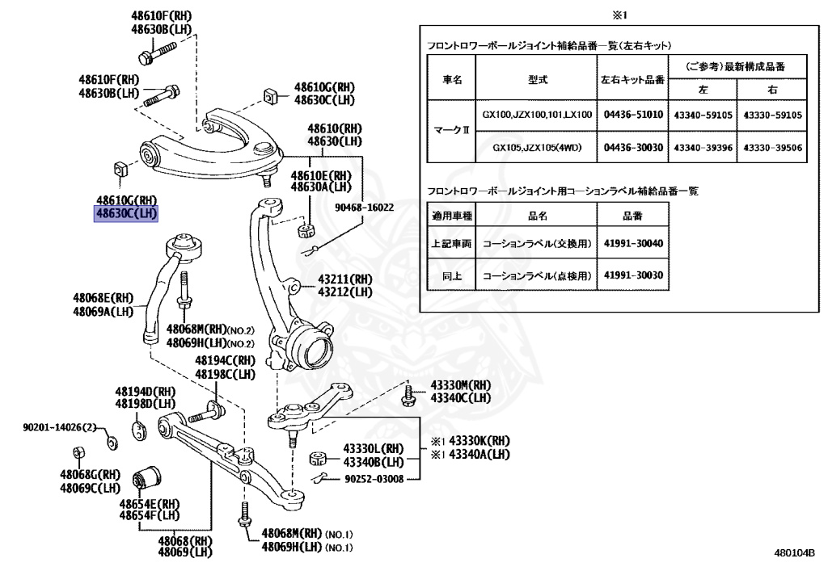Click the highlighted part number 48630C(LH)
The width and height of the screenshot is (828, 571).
125,214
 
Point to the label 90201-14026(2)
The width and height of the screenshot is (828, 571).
59,427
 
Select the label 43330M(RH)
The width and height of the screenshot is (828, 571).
460,385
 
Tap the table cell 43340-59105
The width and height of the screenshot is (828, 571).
703,115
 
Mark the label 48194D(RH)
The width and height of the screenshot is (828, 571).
145,392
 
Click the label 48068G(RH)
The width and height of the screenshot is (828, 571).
89,475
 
